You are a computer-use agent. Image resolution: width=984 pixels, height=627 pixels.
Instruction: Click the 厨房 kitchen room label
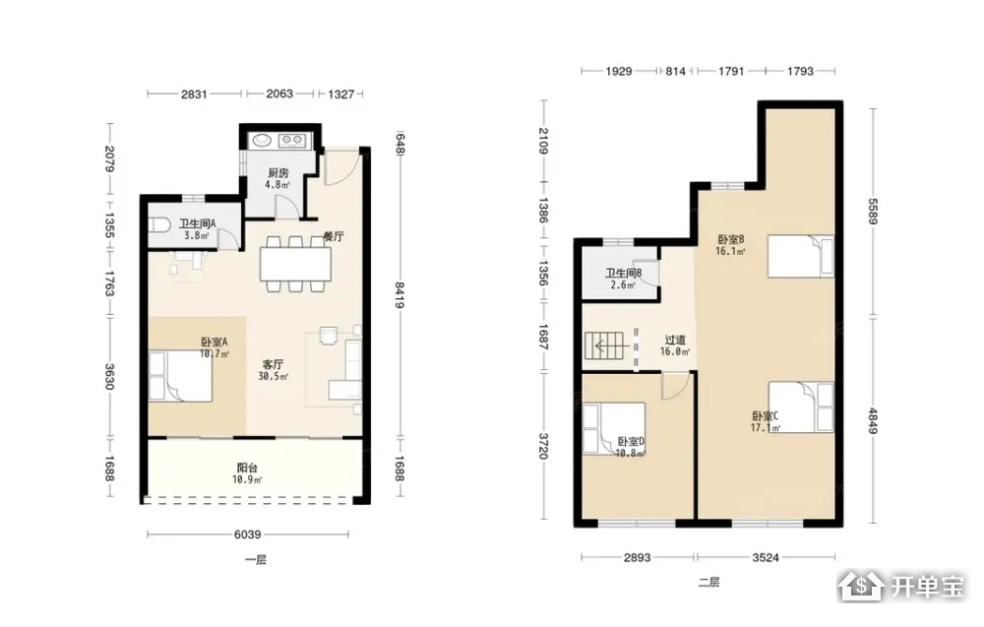(278, 172)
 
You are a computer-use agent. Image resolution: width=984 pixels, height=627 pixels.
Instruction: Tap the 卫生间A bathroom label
(197, 223)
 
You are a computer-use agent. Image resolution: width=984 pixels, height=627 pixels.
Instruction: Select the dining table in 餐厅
(295, 264)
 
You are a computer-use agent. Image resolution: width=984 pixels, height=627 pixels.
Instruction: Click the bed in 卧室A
(180, 377)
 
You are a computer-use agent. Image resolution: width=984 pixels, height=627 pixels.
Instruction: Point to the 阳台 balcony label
(247, 468)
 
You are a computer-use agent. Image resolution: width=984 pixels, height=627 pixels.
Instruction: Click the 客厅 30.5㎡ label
(273, 370)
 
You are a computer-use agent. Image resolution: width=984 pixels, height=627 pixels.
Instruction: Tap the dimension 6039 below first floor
(247, 534)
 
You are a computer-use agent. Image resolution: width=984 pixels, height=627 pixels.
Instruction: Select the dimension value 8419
(400, 295)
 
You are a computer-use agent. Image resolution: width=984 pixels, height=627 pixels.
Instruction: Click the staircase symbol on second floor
(606, 345)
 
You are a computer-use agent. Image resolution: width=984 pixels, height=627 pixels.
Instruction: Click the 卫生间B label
(623, 273)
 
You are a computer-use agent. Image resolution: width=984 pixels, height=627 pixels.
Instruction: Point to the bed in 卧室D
(614, 428)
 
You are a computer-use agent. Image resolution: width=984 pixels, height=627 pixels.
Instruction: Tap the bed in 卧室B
(801, 256)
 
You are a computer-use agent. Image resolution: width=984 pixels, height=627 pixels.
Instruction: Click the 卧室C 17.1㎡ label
(766, 421)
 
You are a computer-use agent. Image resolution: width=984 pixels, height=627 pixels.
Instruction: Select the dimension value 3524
(766, 557)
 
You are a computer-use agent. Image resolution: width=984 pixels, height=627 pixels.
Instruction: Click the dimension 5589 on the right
(873, 211)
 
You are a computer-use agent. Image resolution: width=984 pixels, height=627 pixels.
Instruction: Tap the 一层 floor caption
(256, 560)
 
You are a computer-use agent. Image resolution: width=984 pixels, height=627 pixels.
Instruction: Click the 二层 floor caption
(708, 583)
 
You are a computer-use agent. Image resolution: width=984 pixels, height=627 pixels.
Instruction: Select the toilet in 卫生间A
(159, 225)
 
